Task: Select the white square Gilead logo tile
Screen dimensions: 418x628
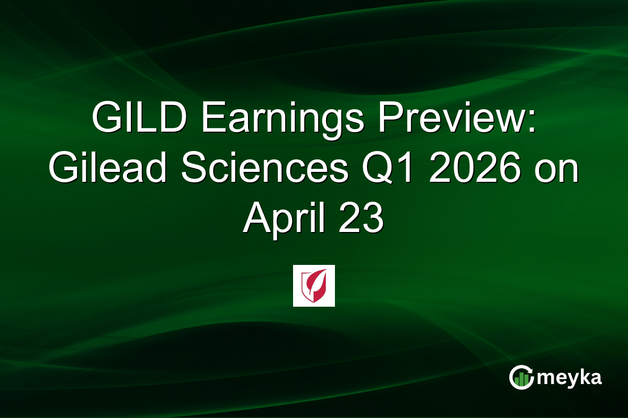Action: [x=314, y=286]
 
